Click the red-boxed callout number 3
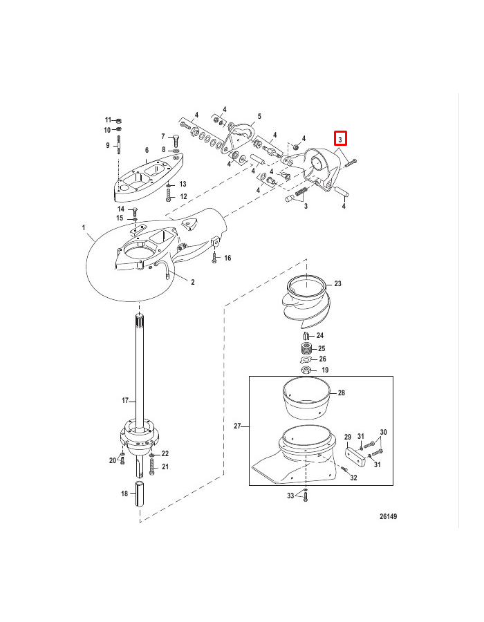(x=340, y=139)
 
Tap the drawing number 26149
(x=388, y=516)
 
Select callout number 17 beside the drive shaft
(x=125, y=401)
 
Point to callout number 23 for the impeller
(x=337, y=283)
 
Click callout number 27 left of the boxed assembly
(x=237, y=426)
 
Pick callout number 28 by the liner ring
(x=342, y=393)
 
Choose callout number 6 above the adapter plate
(x=147, y=151)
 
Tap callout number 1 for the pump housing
(x=84, y=227)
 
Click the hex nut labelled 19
(x=306, y=370)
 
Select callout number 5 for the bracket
(x=259, y=116)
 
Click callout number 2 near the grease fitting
(x=193, y=282)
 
